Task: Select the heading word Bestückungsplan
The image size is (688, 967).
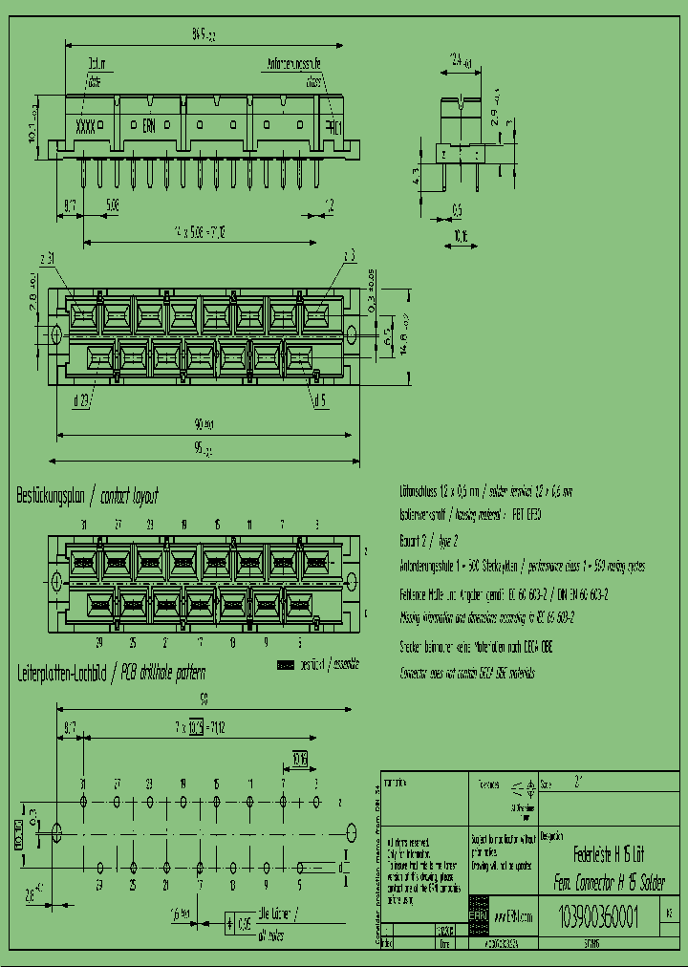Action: (51, 497)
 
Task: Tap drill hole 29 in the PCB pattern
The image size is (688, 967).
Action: (100, 868)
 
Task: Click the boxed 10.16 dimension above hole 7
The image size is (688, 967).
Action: (299, 761)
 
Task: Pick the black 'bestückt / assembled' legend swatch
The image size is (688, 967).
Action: (286, 663)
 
